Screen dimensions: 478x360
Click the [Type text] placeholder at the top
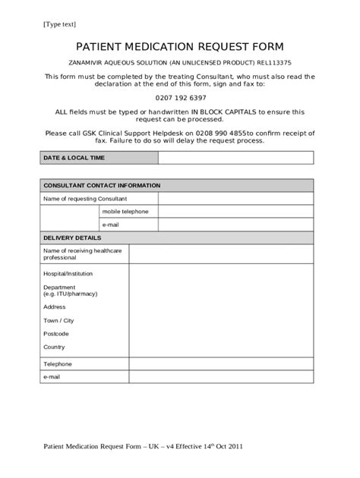point(60,25)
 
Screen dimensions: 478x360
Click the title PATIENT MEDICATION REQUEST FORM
point(179,46)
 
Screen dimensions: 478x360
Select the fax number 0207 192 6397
point(180,99)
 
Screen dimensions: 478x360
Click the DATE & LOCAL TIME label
point(74,158)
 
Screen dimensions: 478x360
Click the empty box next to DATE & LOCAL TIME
point(235,158)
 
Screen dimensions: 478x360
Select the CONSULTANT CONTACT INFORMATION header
point(102,185)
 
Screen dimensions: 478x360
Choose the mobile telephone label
point(125,211)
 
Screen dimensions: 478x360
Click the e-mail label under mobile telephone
point(111,225)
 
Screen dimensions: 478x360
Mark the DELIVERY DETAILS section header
point(72,237)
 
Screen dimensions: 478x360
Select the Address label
point(55,307)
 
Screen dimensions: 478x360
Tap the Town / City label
point(58,320)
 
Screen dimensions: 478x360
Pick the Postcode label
point(56,333)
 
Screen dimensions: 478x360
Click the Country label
point(54,347)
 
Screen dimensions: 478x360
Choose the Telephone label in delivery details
point(58,364)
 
